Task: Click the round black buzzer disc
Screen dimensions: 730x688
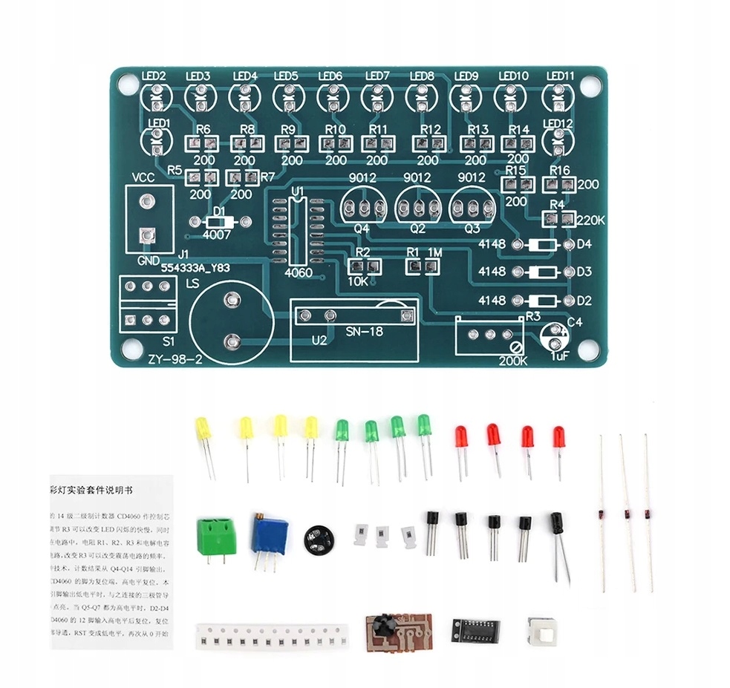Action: [x=319, y=535]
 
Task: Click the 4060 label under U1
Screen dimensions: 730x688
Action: [x=299, y=273]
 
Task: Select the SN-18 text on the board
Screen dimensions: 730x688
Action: [x=365, y=332]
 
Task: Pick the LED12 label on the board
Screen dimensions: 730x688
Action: [x=558, y=123]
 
